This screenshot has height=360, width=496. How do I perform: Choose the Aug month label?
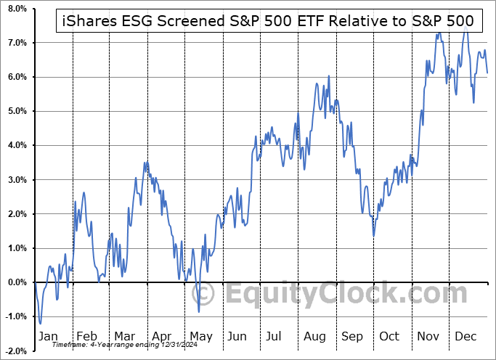(314, 336)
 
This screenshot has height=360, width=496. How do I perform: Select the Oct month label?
(389, 336)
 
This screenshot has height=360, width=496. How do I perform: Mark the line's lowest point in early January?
(41, 323)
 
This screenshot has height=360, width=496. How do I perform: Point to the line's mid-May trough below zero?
(199, 311)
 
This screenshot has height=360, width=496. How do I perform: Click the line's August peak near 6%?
(329, 76)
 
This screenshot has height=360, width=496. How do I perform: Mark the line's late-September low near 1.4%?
(374, 234)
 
